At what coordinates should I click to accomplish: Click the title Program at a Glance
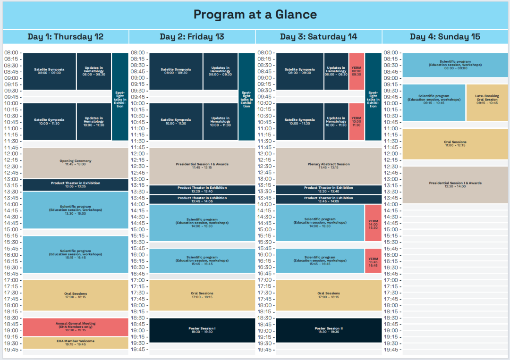coord(255,14)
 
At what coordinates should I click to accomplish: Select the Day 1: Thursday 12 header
coord(65,36)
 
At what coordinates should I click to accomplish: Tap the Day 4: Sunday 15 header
coord(445,36)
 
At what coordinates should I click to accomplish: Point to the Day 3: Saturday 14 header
coord(318,36)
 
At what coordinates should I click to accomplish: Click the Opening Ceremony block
coord(76,163)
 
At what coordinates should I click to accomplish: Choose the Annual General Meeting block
coord(76,327)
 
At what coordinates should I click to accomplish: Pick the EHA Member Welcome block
coord(76,343)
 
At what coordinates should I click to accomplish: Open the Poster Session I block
coord(202,330)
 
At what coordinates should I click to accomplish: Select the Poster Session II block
coord(329,330)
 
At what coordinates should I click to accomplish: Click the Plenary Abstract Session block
coord(329,166)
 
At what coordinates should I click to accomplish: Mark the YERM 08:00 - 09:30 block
coord(357,71)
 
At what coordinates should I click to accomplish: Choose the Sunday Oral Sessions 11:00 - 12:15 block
coord(455,144)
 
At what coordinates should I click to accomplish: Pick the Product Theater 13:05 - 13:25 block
coord(76,184)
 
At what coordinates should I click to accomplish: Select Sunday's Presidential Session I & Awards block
coord(455,184)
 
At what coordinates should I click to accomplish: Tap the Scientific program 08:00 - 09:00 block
coord(455,65)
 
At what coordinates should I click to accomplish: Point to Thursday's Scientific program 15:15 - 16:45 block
coord(76,254)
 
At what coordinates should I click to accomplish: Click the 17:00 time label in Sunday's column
coord(391,280)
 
